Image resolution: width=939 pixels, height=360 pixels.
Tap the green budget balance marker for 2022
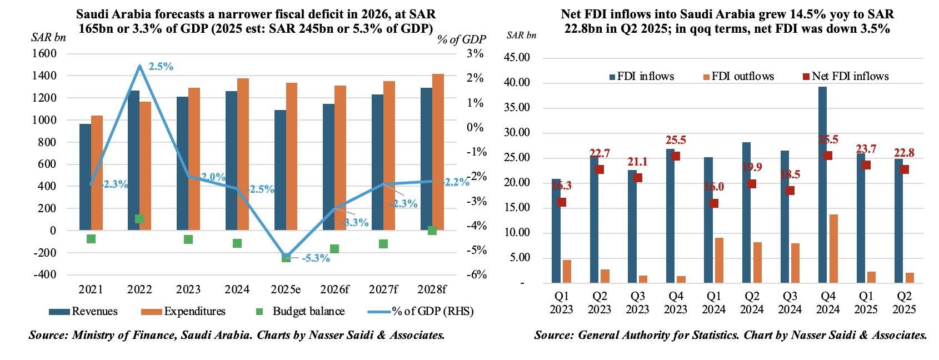click(139, 219)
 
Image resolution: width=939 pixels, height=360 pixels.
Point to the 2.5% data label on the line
click(161, 67)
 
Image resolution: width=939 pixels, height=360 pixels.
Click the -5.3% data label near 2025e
click(316, 258)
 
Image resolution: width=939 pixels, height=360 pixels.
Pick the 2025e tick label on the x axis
click(286, 289)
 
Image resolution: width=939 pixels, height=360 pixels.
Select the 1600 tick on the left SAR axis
click(45, 53)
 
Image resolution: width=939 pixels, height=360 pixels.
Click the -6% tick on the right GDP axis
click(475, 274)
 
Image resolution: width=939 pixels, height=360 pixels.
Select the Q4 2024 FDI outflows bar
click(833, 248)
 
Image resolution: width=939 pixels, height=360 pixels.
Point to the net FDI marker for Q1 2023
click(562, 202)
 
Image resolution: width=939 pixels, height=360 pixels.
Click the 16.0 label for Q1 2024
click(714, 187)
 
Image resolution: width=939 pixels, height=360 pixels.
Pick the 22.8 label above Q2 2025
click(904, 153)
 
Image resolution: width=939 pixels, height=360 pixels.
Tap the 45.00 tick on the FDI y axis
click(517, 58)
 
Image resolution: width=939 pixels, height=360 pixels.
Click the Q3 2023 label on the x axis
click(637, 303)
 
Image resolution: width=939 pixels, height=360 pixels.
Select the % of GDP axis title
click(461, 39)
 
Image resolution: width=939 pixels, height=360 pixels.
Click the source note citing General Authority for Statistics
click(730, 335)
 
